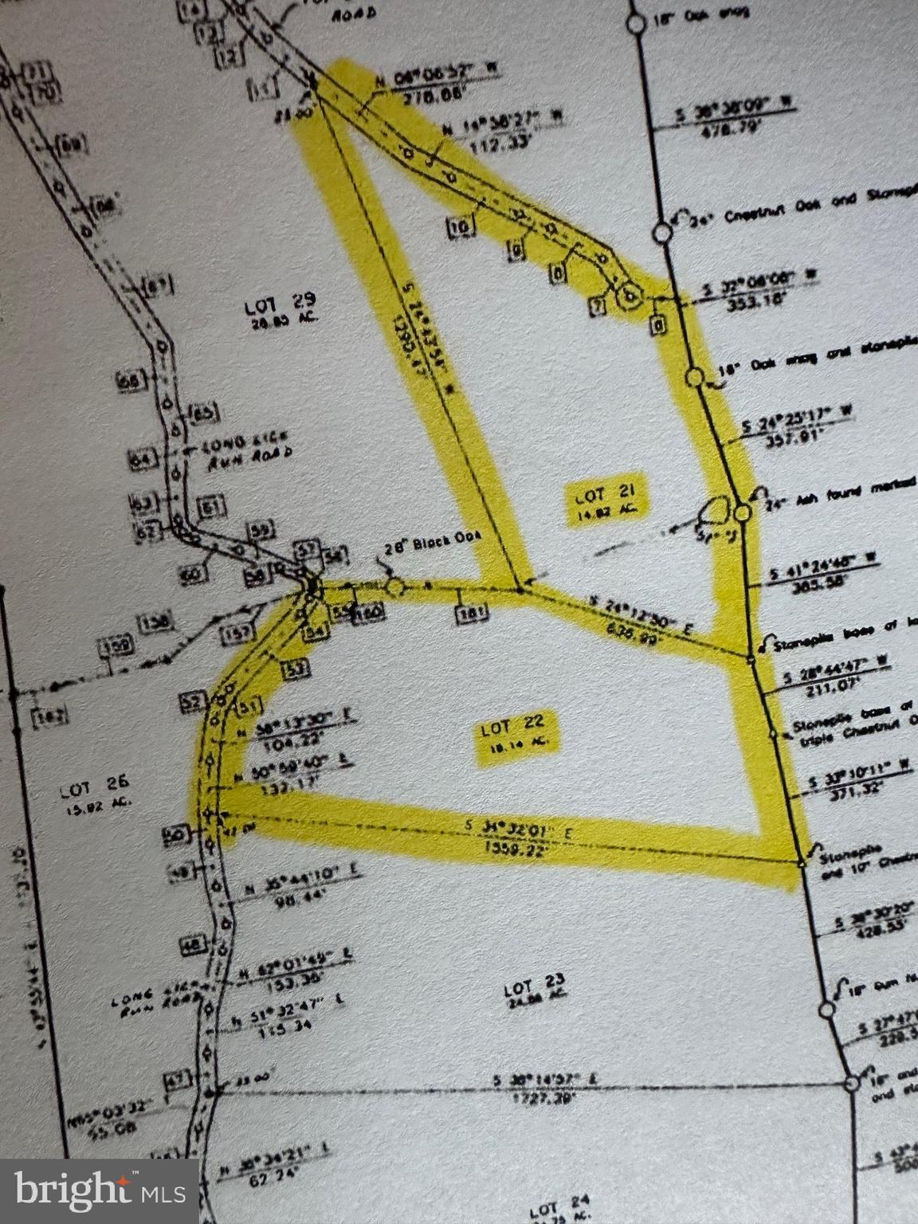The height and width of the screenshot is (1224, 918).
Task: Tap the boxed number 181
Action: (470, 614)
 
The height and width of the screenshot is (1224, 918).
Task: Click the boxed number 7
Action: (598, 304)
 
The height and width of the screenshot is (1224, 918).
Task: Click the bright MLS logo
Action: (99, 1191)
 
